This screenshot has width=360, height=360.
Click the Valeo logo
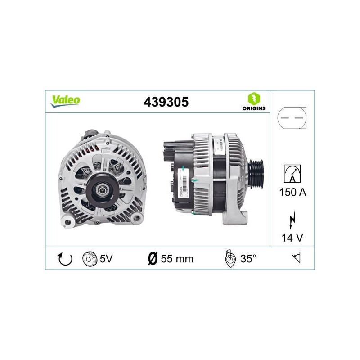pos(65,101)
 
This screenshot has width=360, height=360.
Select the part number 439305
pos(166,102)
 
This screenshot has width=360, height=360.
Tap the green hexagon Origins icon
pos(254,99)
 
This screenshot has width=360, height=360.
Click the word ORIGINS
pos(254,108)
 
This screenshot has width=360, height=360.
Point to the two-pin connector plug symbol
pos(292,118)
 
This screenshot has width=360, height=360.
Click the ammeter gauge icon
pos(292,174)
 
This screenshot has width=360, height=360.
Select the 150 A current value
pos(293,192)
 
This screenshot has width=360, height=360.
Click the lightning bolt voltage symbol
pos(292,219)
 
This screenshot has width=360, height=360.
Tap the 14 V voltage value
pos(292,238)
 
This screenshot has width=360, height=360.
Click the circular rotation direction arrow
pos(65,259)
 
